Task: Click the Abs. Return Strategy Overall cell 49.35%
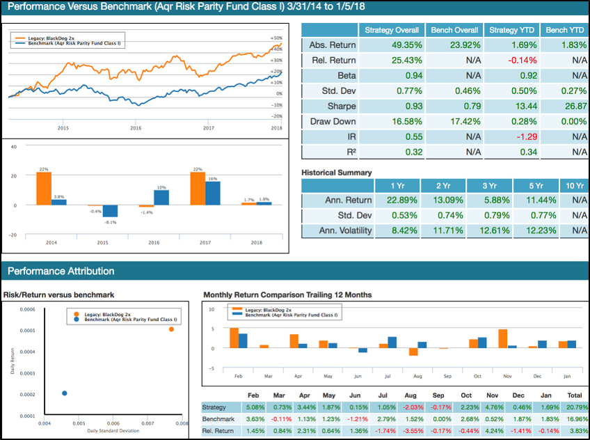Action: coord(392,45)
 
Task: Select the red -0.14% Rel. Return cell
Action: coord(508,61)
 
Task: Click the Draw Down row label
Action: coord(332,121)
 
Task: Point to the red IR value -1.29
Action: coord(508,136)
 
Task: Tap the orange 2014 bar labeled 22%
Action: coord(44,188)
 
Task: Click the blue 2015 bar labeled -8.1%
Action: coord(110,211)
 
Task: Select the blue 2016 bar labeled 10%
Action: coord(161,197)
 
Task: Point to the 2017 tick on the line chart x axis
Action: coord(208,127)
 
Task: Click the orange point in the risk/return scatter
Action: coord(171,329)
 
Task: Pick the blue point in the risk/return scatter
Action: coord(65,393)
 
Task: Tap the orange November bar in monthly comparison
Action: coord(503,338)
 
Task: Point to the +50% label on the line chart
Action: coord(276,38)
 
